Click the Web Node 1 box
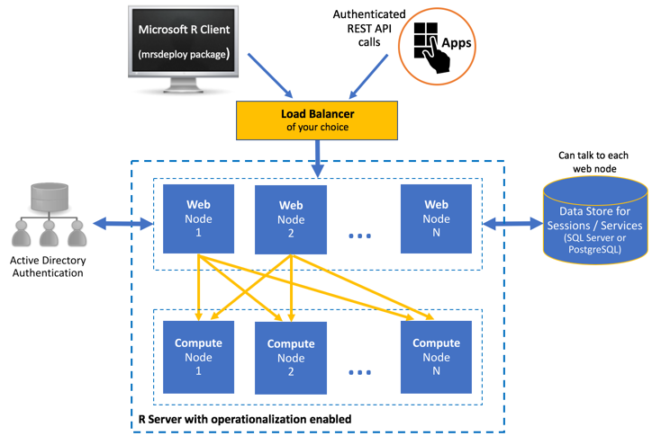197,218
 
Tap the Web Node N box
436,218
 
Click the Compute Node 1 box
197,355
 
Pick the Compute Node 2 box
290,357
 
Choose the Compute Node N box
436,356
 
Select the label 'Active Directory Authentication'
46,267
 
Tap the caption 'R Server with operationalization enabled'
243,419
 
